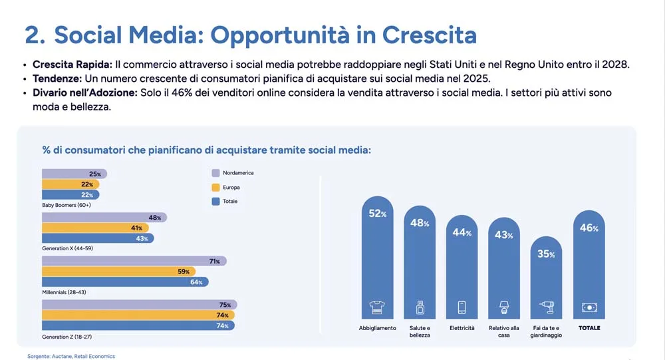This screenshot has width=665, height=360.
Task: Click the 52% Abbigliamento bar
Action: point(377,260)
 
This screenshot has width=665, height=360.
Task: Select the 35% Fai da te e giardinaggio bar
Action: point(547,279)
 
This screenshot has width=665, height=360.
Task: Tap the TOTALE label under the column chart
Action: point(589,328)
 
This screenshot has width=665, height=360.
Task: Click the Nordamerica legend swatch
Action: point(215,173)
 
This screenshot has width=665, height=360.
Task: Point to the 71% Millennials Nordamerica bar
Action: point(133,262)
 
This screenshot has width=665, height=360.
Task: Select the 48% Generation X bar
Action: point(103,218)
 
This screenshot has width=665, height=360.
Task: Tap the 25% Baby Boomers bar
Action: point(73,174)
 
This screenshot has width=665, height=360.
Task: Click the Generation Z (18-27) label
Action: point(66,337)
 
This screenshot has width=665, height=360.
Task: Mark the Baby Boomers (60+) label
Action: point(66,205)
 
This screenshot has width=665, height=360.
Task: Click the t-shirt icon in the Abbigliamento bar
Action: point(377,307)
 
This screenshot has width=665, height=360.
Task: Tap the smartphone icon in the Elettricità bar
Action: point(462,307)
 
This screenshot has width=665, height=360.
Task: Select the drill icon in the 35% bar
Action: point(547,307)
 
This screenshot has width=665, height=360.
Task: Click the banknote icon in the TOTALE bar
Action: point(589,307)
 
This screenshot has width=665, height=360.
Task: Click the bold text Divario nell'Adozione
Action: point(84,92)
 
